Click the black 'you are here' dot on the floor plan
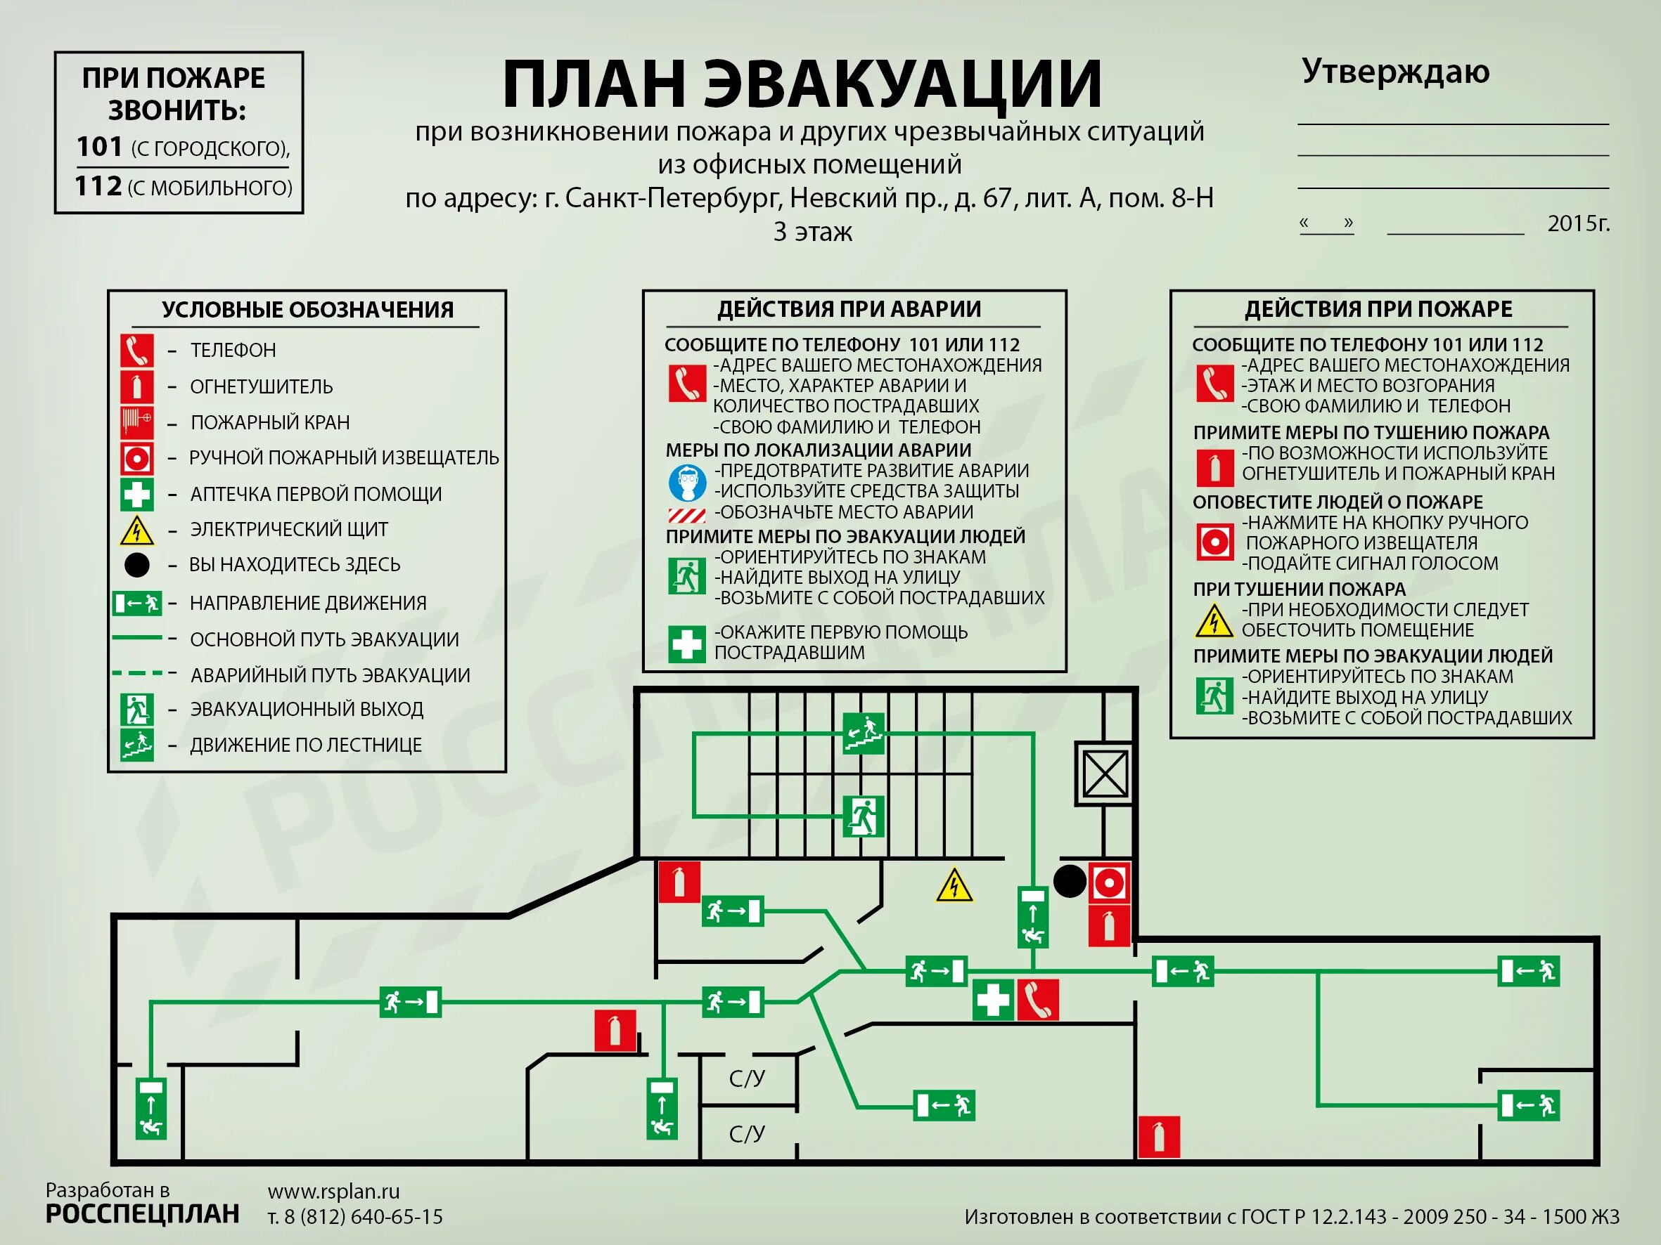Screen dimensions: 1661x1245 click(x=1070, y=881)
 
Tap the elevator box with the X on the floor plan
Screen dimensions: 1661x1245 click(x=1105, y=774)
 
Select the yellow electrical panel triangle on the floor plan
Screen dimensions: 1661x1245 click(x=954, y=885)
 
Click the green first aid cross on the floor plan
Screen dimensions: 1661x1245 click(x=993, y=1000)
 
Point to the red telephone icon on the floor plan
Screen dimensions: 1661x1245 click(x=1038, y=1000)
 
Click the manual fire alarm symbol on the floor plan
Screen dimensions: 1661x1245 click(x=1109, y=882)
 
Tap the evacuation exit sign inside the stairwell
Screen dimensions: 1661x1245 click(x=864, y=816)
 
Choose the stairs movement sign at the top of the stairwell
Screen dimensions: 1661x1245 click(x=864, y=732)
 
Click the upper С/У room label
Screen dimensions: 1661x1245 click(x=747, y=1078)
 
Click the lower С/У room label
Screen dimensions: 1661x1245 click(x=747, y=1134)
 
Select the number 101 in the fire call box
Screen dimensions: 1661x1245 click(x=99, y=146)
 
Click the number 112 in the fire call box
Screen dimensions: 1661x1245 click(x=98, y=185)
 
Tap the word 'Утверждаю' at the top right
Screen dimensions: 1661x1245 click(x=1395, y=72)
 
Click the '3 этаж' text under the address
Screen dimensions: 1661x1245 click(x=812, y=231)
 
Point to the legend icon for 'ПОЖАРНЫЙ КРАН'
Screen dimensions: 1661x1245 click(x=136, y=422)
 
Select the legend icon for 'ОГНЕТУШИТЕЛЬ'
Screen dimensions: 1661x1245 click(x=136, y=386)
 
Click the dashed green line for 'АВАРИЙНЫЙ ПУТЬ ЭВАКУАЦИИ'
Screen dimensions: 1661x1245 click(x=138, y=674)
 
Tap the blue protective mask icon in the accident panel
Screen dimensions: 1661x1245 click(x=687, y=483)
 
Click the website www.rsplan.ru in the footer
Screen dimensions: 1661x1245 click(x=333, y=1191)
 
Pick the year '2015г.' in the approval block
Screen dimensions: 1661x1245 click(x=1579, y=223)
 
